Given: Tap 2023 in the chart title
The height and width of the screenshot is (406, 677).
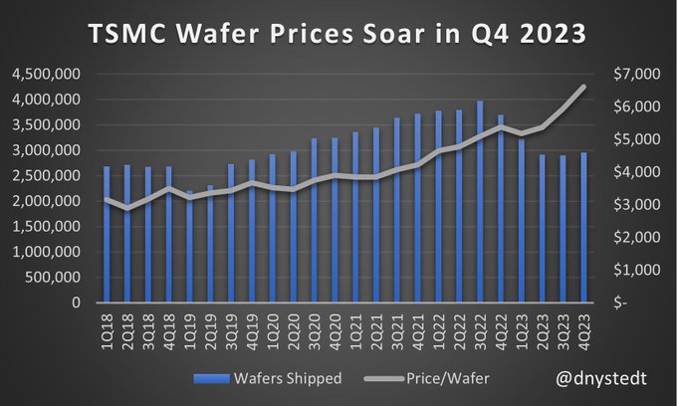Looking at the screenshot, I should (545, 35).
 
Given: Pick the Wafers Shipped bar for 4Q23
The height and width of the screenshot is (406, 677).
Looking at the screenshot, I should (582, 228).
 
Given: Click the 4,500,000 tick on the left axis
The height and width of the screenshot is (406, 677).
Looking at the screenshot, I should (47, 74).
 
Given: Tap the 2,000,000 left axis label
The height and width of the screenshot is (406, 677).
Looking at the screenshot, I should (47, 201).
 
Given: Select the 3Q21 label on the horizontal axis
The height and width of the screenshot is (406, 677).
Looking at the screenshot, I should (396, 324).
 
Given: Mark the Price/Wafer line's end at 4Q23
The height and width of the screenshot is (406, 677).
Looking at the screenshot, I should (583, 88).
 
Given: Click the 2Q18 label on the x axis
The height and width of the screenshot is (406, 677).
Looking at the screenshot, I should (128, 324).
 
